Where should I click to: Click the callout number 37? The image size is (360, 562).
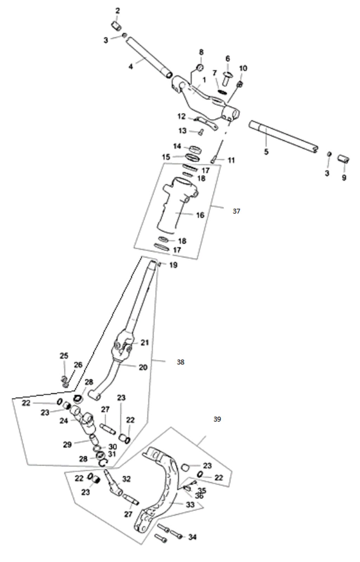tap(236, 211)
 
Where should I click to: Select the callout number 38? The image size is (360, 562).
tap(181, 362)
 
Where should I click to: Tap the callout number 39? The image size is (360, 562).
tap(217, 419)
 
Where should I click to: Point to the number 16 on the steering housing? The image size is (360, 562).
tap(200, 215)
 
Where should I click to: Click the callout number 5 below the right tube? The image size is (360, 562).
tap(266, 152)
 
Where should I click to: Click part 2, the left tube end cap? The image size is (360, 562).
tap(116, 26)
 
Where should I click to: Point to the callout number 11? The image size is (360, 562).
tap(231, 160)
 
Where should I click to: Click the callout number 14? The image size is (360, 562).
tap(177, 146)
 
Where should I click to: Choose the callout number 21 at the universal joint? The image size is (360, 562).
tap(145, 342)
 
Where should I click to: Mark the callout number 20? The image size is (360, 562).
tap(143, 367)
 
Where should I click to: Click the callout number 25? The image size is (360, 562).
tap(64, 356)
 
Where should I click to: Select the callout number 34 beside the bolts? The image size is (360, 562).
tap(192, 537)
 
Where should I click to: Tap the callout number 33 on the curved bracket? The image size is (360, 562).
tap(190, 504)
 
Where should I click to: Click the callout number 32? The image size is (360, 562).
tap(126, 479)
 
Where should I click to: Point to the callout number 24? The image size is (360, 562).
tap(64, 420)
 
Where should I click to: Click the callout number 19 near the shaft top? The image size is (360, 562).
tap(174, 265)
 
